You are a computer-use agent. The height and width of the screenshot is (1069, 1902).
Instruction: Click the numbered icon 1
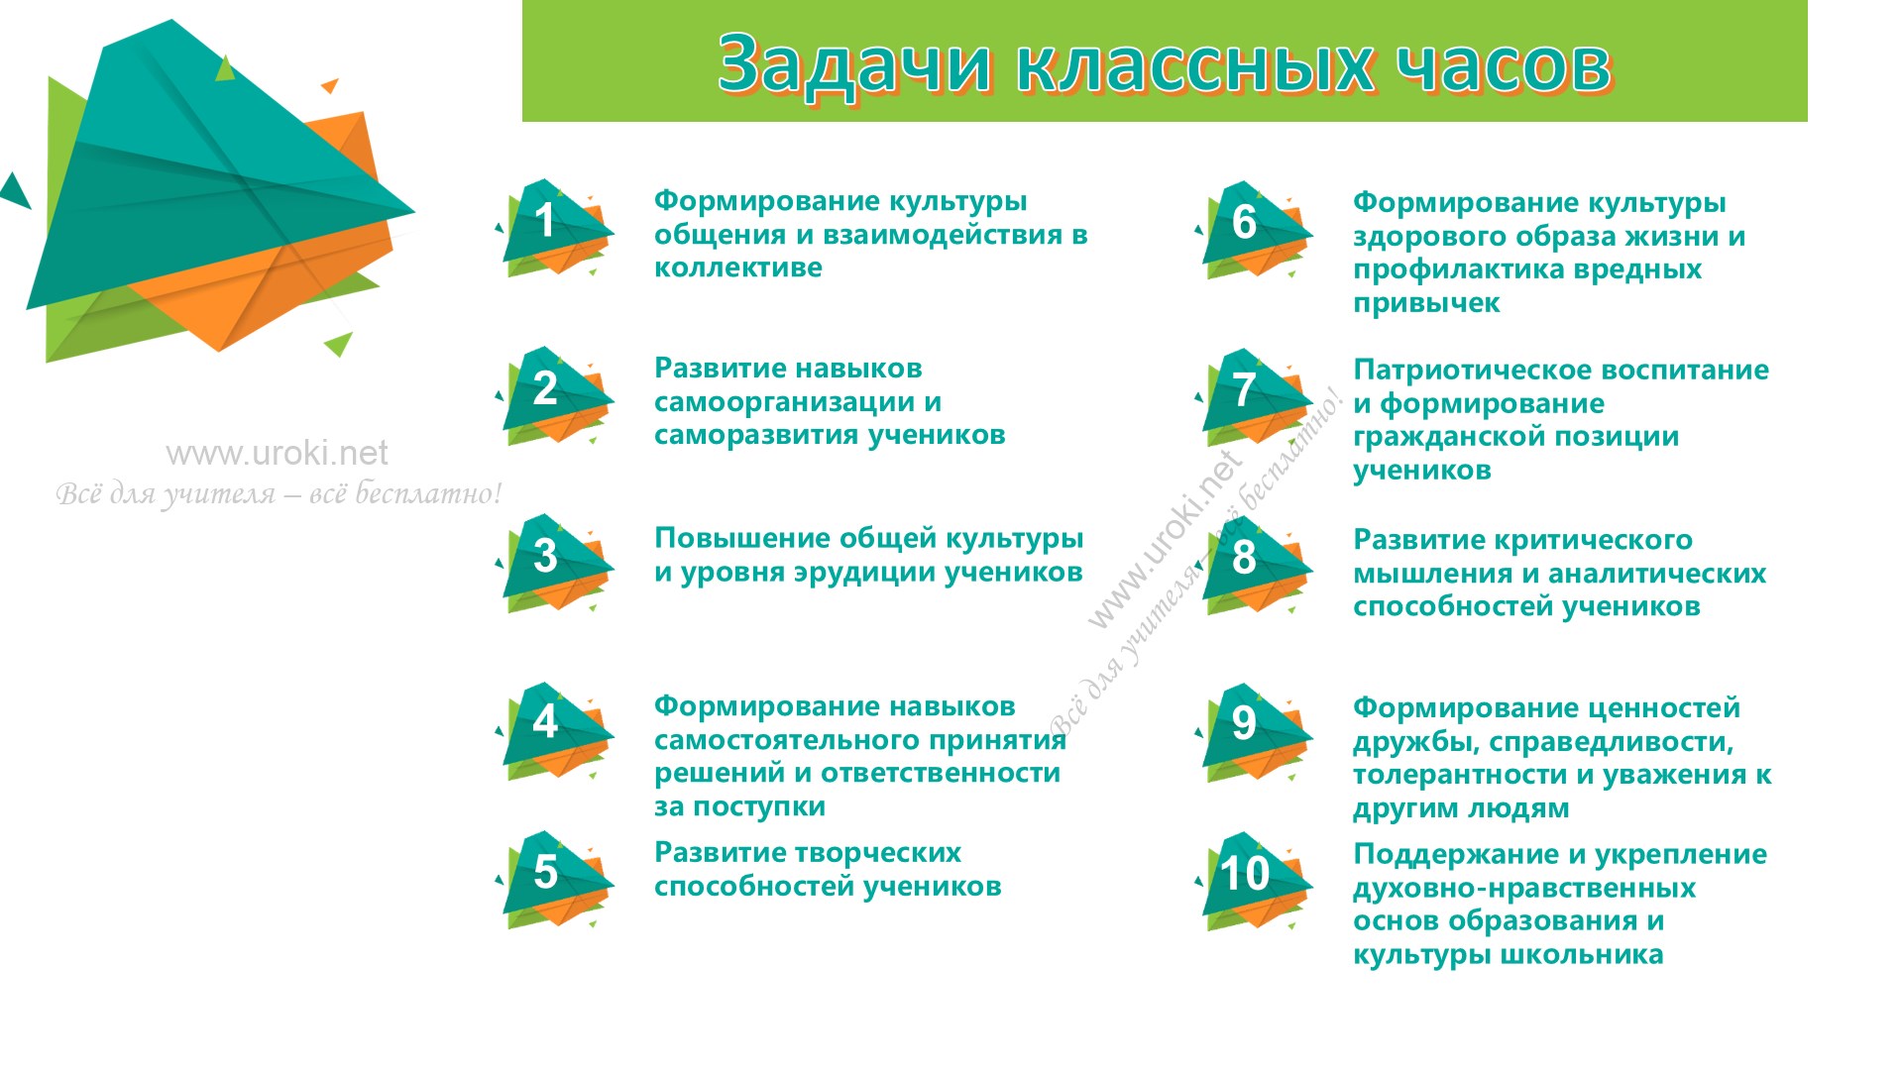[x=555, y=227]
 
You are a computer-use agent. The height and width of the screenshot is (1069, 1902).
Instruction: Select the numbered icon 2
[x=555, y=394]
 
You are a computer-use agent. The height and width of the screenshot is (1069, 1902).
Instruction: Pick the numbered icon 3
[x=555, y=562]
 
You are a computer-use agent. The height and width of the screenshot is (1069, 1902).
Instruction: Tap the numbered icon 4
[x=555, y=730]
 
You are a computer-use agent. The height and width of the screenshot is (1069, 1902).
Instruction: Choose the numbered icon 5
[x=555, y=879]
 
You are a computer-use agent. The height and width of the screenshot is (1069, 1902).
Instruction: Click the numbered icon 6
[x=1255, y=229]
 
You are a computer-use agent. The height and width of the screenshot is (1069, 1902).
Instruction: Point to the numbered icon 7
[x=1255, y=396]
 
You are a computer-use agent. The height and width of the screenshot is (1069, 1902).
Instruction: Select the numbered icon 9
[x=1255, y=732]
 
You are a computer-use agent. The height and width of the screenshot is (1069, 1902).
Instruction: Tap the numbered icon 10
[x=1255, y=881]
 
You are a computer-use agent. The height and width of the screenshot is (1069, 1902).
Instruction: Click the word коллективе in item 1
[x=738, y=267]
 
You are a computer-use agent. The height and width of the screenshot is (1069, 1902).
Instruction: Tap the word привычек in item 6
[x=1427, y=304]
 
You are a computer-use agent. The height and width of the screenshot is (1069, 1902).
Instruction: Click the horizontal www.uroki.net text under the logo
[x=278, y=454]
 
